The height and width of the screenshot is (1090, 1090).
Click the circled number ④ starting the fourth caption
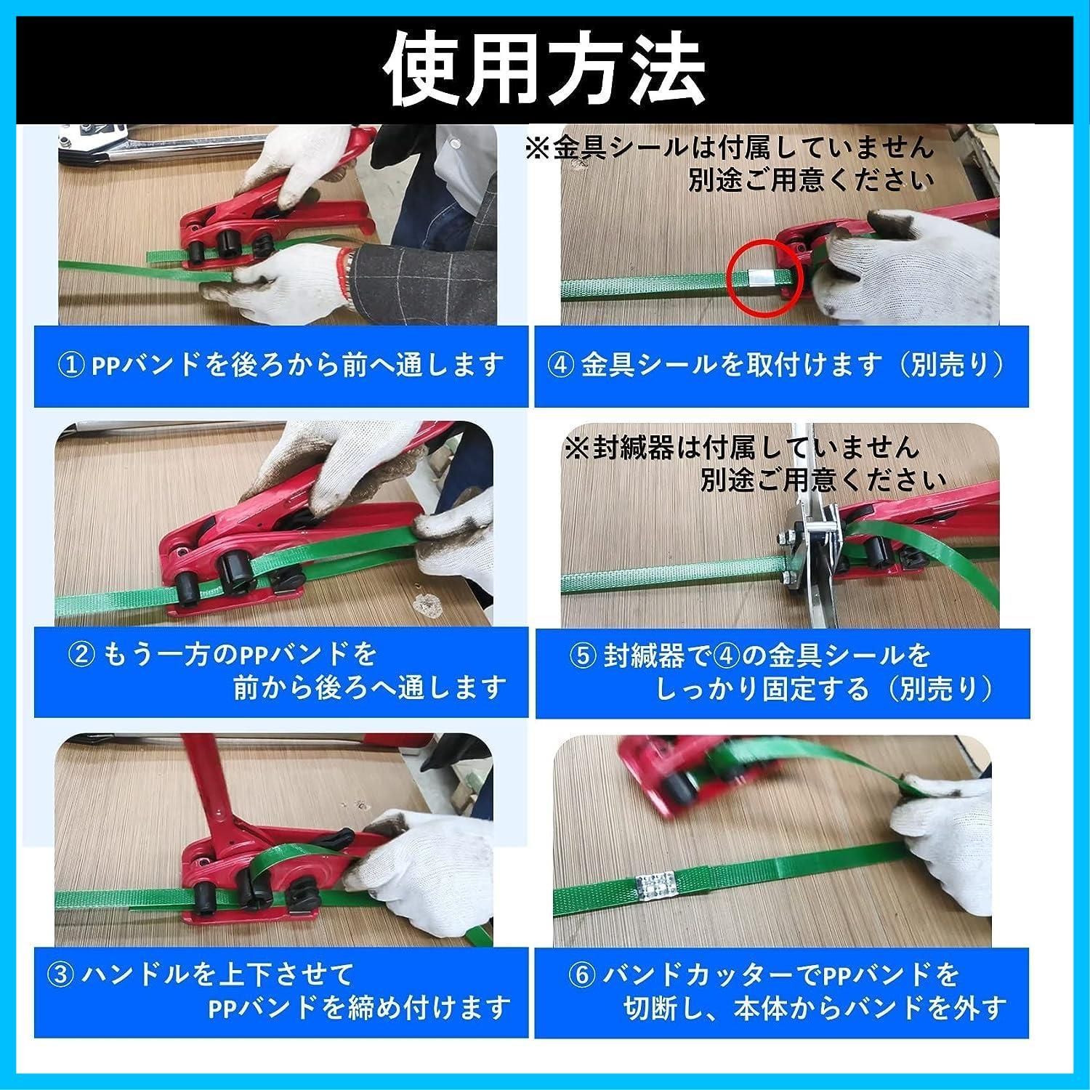click(561, 364)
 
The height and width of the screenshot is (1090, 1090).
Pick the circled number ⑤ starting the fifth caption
click(582, 655)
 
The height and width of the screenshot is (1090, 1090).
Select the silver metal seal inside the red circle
click(761, 277)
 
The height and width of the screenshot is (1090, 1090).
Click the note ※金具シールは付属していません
click(729, 148)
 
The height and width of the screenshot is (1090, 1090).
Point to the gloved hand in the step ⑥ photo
click(937, 857)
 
